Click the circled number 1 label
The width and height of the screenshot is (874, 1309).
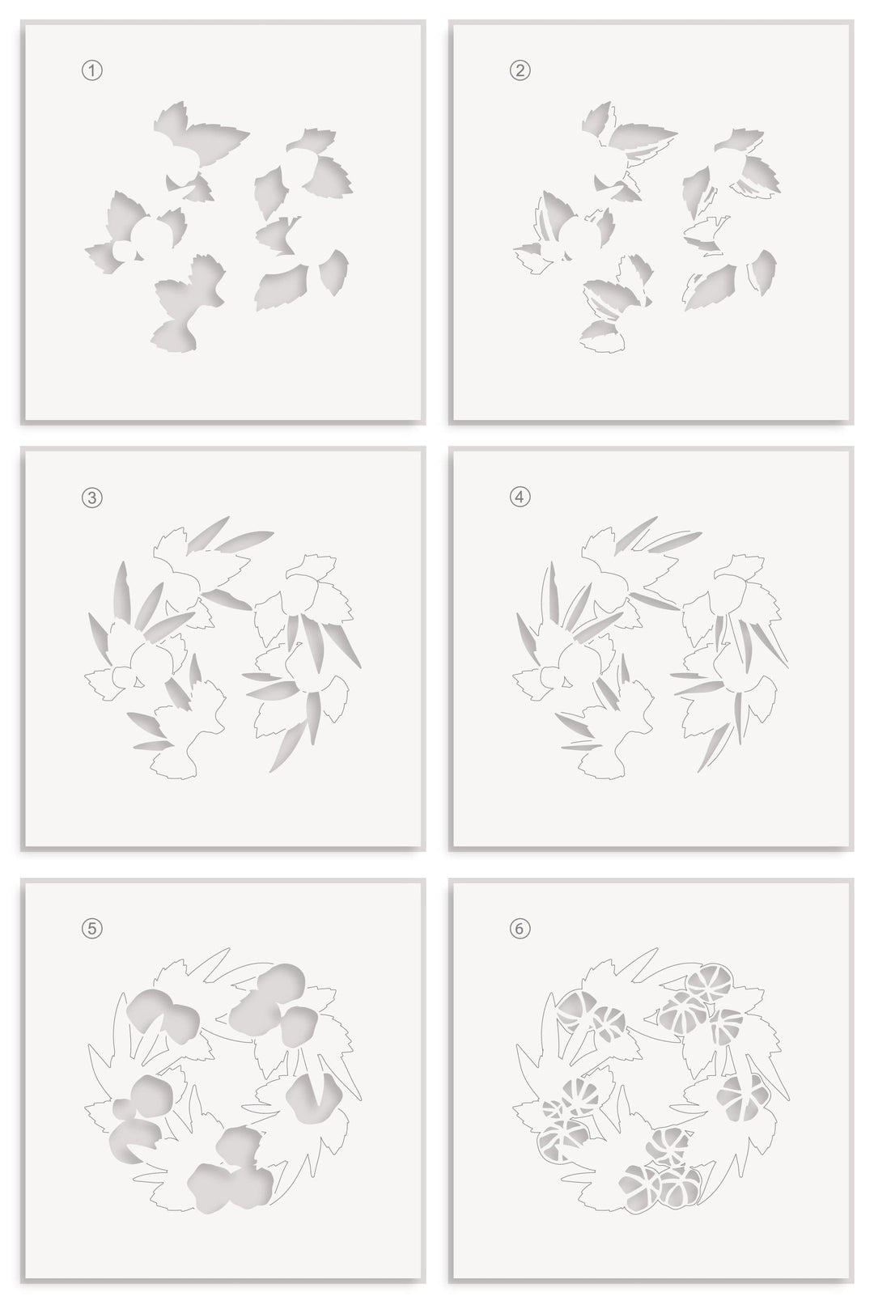(93, 71)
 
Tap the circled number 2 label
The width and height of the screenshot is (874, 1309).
(520, 71)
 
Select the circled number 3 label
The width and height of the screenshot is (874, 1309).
(93, 498)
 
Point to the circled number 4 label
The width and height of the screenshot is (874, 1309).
(520, 498)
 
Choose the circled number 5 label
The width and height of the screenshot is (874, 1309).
(93, 929)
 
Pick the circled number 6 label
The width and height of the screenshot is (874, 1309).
(520, 929)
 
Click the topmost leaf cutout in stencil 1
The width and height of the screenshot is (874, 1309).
(172, 121)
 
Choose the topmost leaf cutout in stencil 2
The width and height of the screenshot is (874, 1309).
(597, 117)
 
